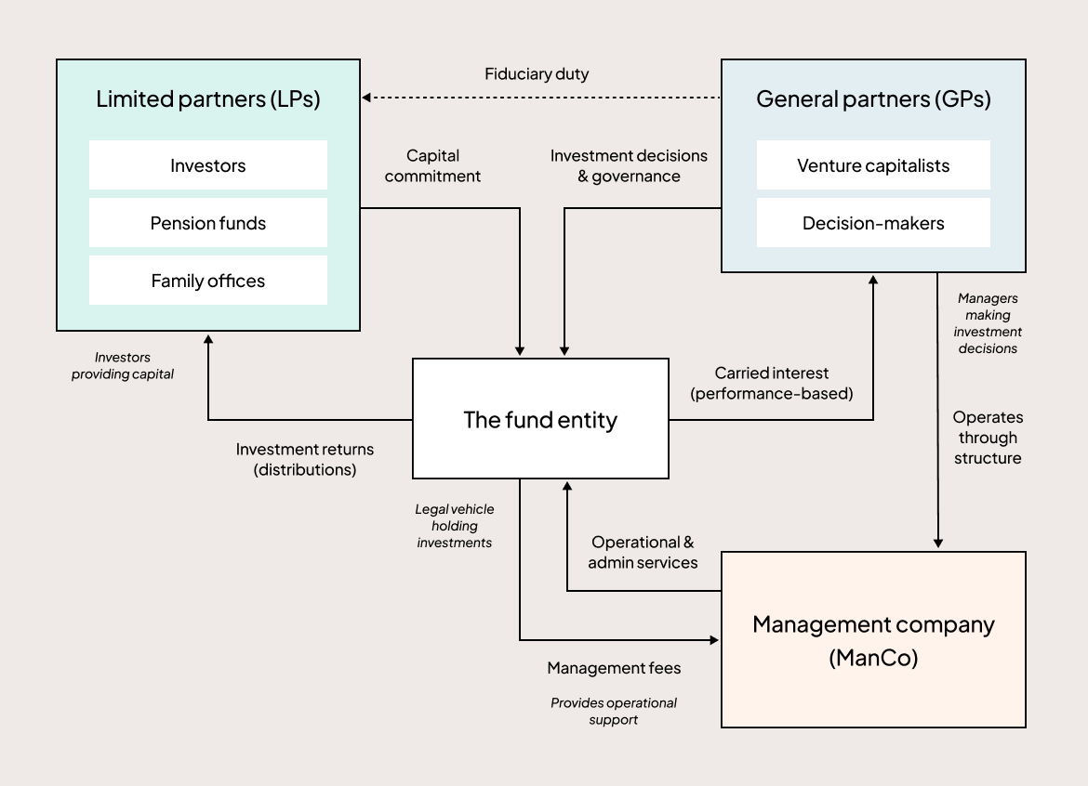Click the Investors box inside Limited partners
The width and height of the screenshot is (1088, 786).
point(208,165)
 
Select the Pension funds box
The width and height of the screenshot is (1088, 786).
point(208,223)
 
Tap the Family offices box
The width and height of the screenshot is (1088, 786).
point(208,281)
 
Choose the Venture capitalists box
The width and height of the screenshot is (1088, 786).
point(873,165)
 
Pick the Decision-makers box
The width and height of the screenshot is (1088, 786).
point(873,223)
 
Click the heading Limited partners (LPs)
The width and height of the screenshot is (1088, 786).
point(208,99)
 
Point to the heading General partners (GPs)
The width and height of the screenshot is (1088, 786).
point(873,99)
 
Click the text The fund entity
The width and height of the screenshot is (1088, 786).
point(540,419)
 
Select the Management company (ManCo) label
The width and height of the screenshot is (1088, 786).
point(873,640)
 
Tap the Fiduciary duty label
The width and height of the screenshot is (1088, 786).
point(537,74)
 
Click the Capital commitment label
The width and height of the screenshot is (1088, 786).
point(432,165)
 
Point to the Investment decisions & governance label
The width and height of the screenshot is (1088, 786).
point(629,165)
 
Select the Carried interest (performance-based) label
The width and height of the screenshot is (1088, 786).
point(771,383)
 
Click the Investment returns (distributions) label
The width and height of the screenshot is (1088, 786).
point(305,459)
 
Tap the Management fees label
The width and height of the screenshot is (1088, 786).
point(614,668)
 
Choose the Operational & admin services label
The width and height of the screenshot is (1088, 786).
point(643,552)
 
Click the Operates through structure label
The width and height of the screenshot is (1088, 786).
point(988,438)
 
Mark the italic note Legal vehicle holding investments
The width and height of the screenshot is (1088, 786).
point(455,526)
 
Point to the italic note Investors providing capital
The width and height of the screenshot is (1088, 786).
point(123,366)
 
